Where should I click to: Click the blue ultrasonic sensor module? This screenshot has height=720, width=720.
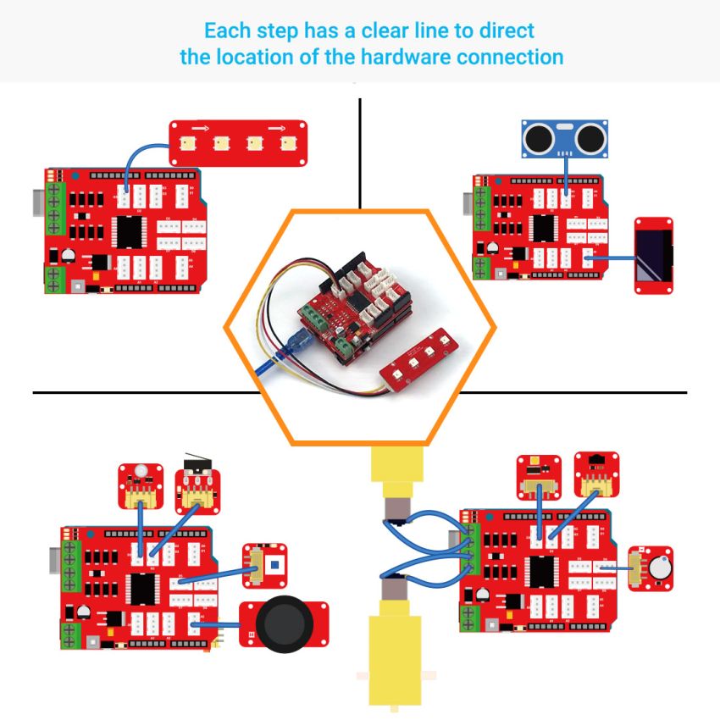565,138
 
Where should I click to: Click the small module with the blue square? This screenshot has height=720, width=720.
265,565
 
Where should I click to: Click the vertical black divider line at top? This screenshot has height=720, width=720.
360,152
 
